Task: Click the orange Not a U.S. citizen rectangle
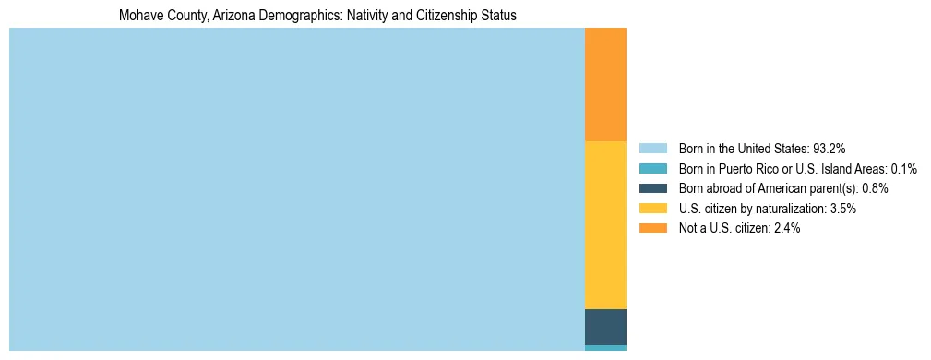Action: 605,84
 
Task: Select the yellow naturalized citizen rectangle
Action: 605,224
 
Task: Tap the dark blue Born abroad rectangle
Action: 605,327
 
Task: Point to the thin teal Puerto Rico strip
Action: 605,348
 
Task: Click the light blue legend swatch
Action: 652,148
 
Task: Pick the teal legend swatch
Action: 652,168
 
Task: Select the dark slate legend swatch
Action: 652,188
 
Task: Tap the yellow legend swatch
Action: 652,209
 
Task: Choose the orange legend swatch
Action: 652,228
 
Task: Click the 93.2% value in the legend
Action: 830,148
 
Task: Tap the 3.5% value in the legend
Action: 842,209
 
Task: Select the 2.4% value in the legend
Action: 786,228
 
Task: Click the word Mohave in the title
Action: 138,16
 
